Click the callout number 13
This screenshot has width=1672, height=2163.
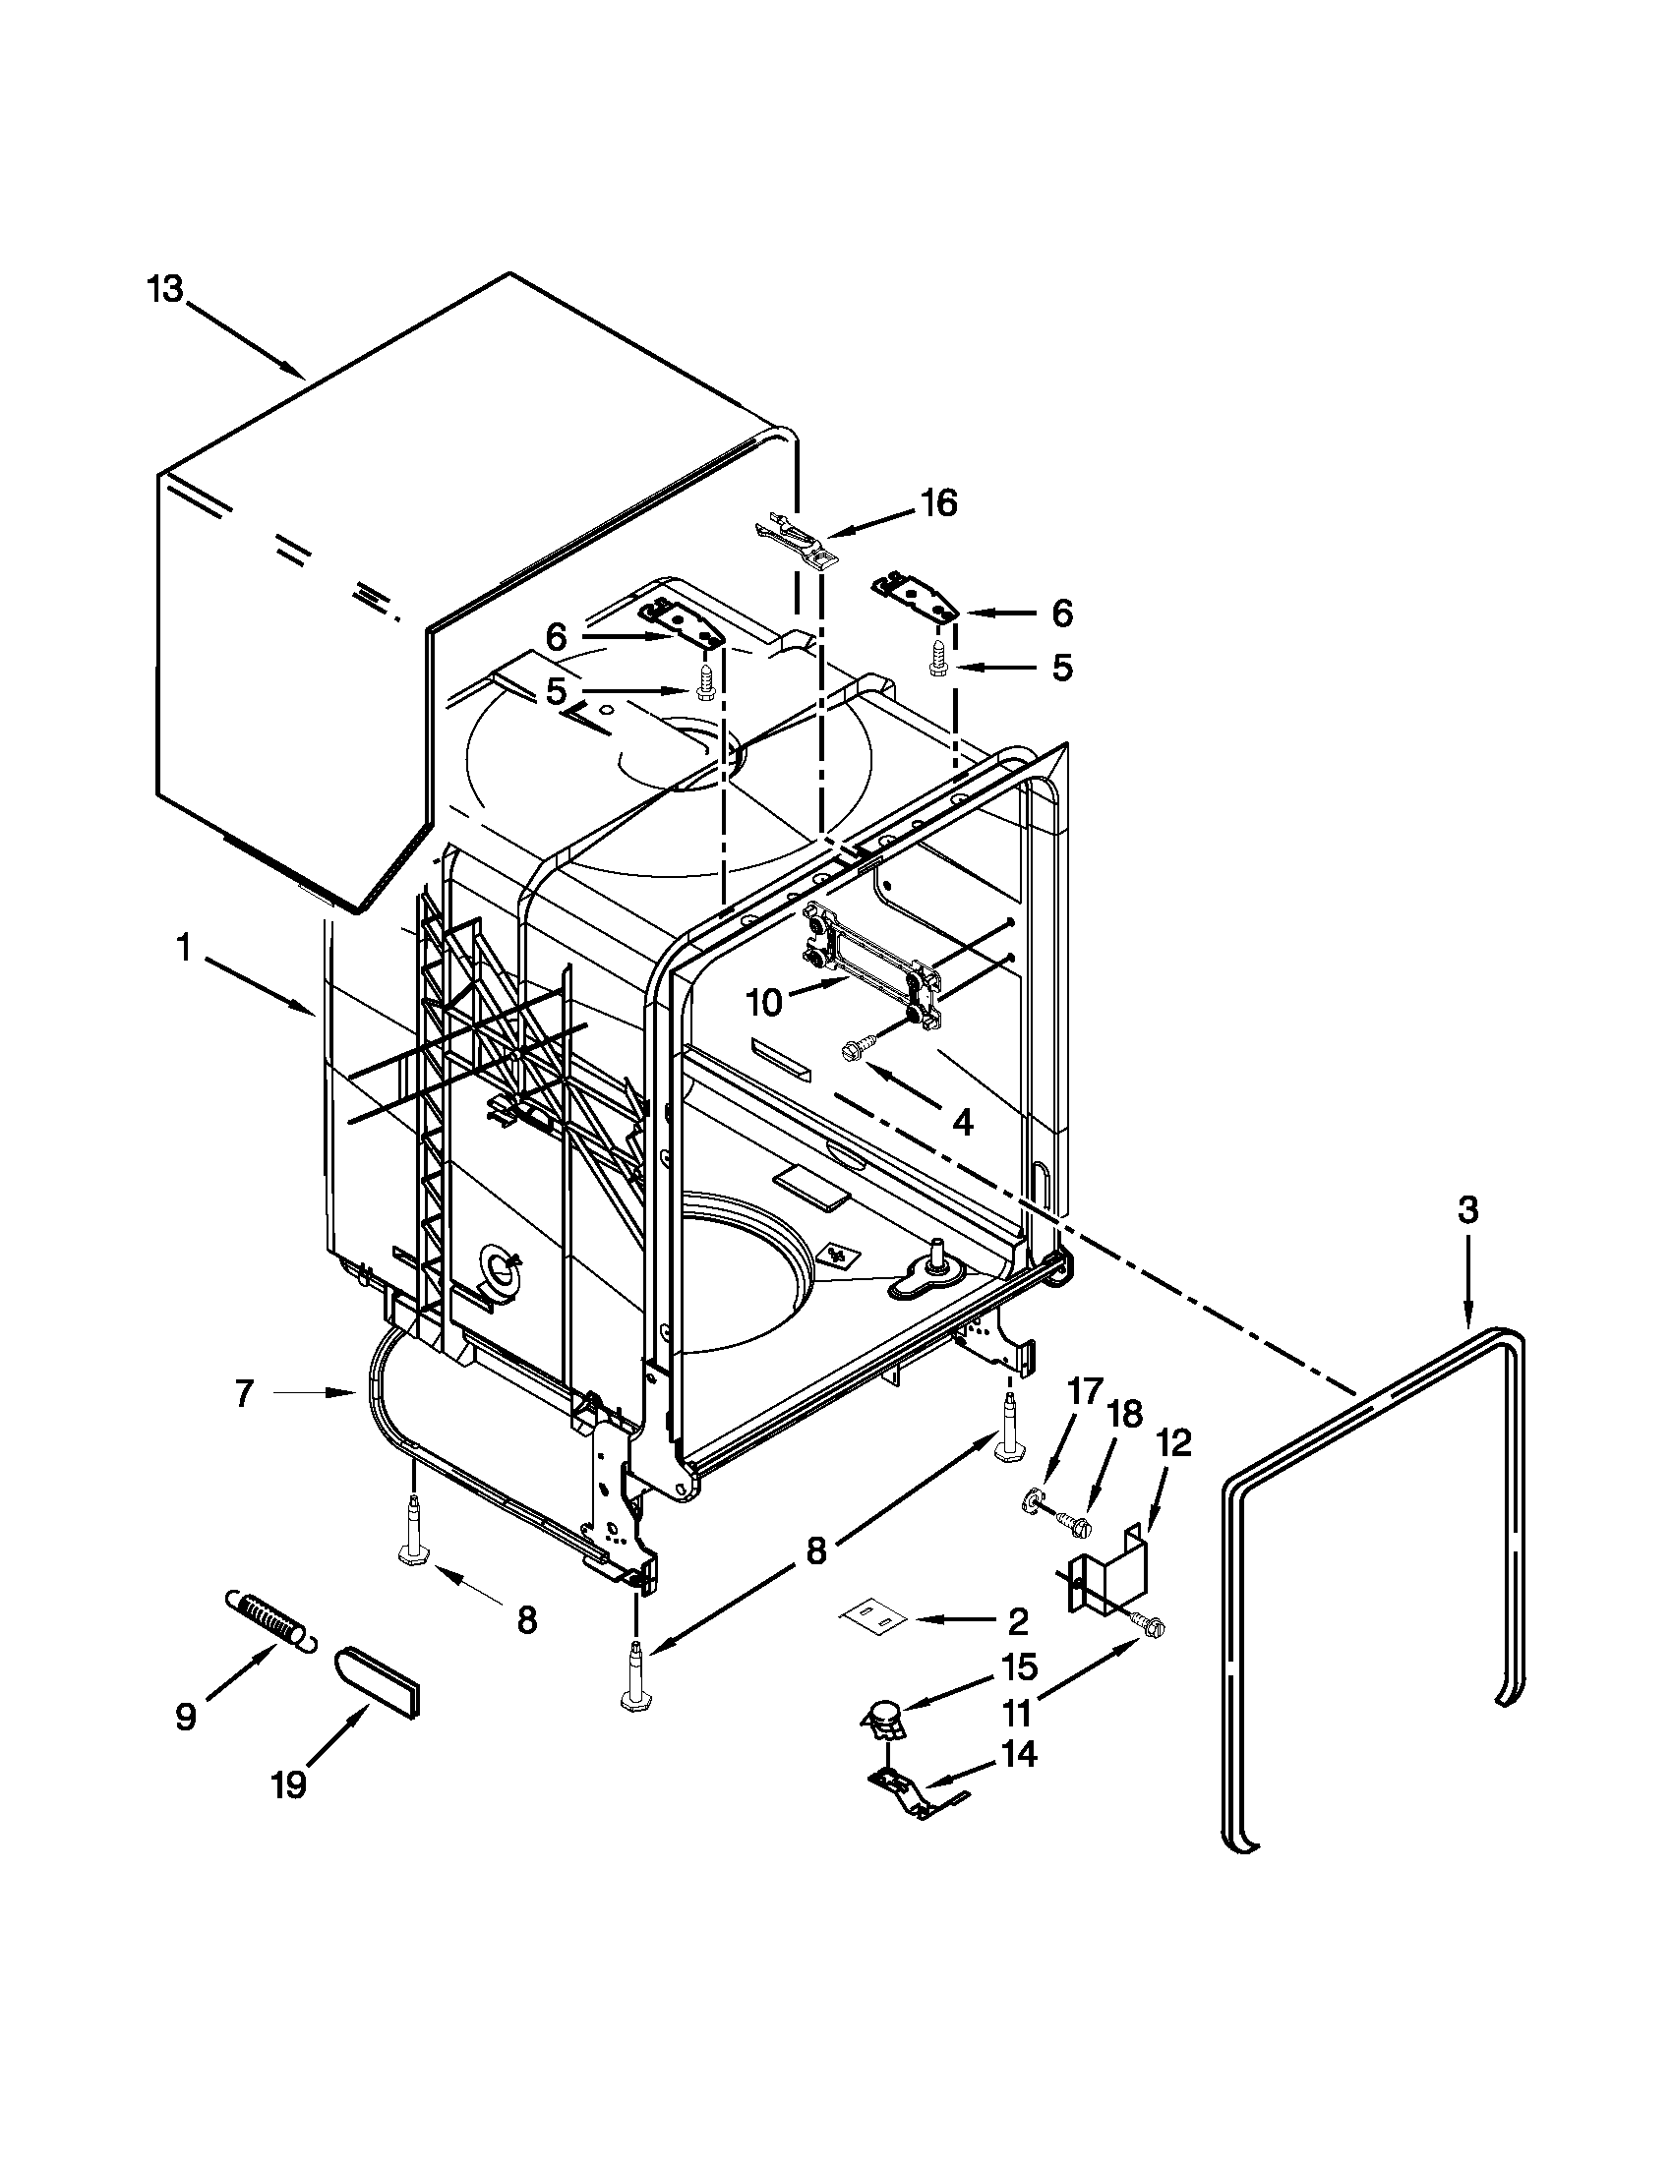coord(165,290)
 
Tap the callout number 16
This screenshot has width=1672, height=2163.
coord(938,503)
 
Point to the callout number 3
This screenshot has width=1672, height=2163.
coord(1467,1209)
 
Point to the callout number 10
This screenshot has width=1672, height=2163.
coord(763,1002)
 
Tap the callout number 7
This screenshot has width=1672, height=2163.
coord(245,1393)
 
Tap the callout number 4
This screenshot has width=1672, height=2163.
coord(962,1121)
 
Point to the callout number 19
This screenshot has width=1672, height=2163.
coord(289,1784)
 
